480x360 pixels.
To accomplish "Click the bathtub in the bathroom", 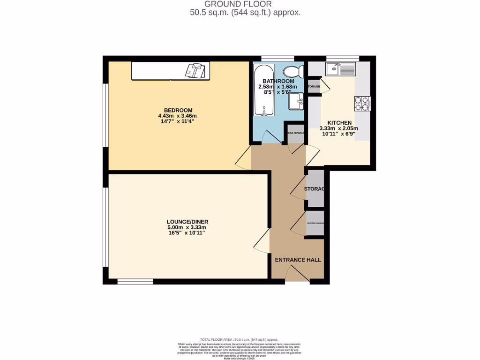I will [x=264, y=90].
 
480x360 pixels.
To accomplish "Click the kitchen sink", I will [x=341, y=69].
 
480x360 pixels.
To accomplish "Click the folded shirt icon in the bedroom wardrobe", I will [x=196, y=70].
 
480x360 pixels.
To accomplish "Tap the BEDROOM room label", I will [x=177, y=110].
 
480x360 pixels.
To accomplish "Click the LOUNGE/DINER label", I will [x=187, y=222].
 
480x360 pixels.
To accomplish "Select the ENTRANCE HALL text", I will [x=298, y=260].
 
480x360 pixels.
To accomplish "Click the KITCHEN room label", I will [x=339, y=123].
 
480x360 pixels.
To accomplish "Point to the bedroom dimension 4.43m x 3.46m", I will [x=177, y=116].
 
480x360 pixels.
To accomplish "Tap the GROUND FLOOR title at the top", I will [x=245, y=4].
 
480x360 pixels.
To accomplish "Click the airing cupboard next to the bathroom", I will [x=296, y=133].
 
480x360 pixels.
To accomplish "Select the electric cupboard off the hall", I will [x=315, y=223].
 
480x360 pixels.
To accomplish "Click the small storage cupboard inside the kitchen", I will [x=314, y=87].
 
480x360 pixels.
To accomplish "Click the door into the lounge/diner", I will [x=262, y=242].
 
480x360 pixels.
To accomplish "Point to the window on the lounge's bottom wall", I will [x=135, y=282].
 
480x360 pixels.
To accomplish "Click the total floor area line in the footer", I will [x=239, y=339].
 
